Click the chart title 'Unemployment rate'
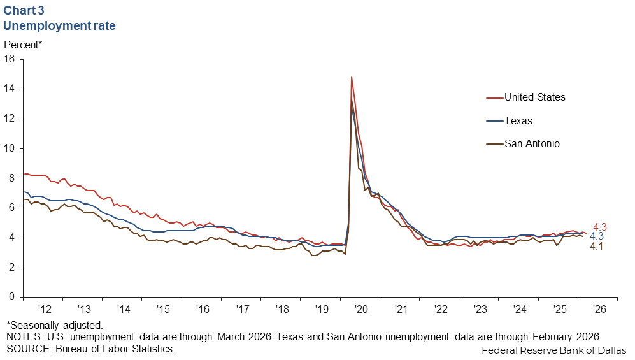(59, 26)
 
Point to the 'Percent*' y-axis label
(24, 45)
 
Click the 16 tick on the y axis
(10, 59)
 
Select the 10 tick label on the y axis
(10, 148)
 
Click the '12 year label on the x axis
(43, 309)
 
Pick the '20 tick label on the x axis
(361, 309)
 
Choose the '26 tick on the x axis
(599, 309)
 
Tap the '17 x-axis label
(242, 309)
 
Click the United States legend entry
(534, 97)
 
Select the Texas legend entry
(518, 120)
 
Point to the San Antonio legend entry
(532, 143)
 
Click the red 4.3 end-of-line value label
(600, 226)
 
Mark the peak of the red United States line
(352, 77)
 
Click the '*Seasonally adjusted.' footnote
(55, 325)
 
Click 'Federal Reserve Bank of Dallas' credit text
(553, 350)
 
